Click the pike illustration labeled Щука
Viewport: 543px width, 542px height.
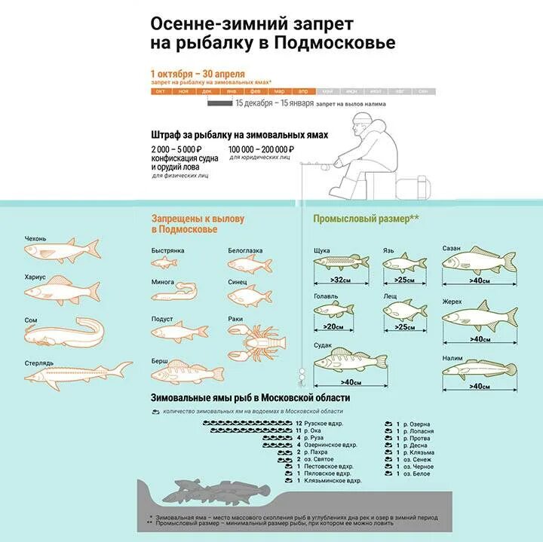[340, 262]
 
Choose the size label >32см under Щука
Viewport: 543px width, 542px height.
[342, 280]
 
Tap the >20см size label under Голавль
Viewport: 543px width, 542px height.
[333, 326]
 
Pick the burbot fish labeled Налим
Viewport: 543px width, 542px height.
[478, 370]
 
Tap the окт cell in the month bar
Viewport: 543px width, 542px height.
[161, 91]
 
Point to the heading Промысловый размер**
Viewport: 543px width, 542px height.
[366, 219]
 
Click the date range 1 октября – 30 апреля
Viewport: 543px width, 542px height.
[197, 72]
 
